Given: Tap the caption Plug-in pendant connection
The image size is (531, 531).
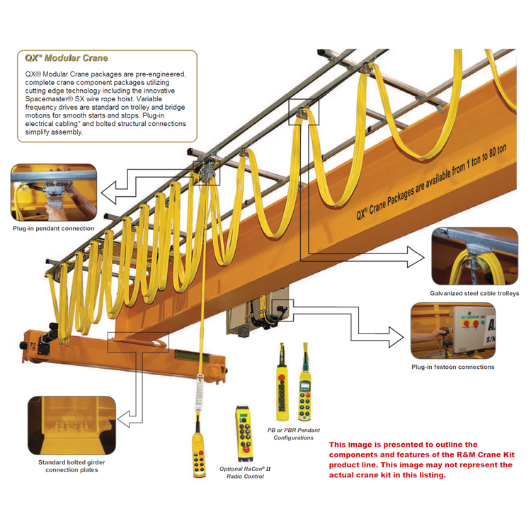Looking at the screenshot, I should pyautogui.click(x=54, y=229).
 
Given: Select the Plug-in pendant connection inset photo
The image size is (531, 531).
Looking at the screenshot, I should pyautogui.click(x=54, y=192).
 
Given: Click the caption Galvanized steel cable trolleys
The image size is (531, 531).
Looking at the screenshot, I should pyautogui.click(x=474, y=293).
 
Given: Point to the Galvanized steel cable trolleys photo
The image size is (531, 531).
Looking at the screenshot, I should pyautogui.click(x=474, y=256).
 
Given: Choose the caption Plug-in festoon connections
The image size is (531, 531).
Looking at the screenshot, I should pyautogui.click(x=452, y=367).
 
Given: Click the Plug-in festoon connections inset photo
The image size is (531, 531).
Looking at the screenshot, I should pyautogui.click(x=452, y=331).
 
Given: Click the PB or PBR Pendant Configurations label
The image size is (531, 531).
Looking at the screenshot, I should pyautogui.click(x=293, y=434).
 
